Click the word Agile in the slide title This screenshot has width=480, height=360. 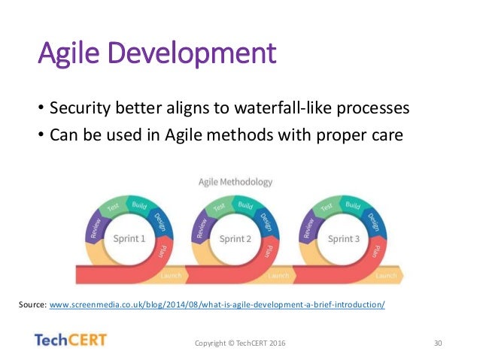tap(69, 53)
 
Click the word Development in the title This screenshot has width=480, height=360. tap(193, 53)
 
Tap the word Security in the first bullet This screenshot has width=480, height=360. tap(81, 108)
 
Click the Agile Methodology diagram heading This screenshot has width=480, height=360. tap(235, 183)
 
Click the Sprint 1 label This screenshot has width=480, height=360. tap(129, 238)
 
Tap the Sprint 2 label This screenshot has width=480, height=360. tap(235, 238)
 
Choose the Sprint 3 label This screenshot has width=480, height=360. tap(344, 238)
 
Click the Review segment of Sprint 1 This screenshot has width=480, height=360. tap(96, 228)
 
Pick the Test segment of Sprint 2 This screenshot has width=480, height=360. tap(219, 207)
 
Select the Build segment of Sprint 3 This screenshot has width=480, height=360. tap(353, 204)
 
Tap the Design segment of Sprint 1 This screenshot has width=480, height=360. tap(160, 222)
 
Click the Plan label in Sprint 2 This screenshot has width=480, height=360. tap(268, 252)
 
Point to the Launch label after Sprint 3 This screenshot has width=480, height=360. tap(386, 276)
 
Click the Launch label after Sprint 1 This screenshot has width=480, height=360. tap(171, 276)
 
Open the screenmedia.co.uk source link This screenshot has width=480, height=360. tap(217, 304)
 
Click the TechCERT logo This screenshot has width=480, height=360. tap(71, 340)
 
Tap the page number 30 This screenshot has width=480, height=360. tap(438, 343)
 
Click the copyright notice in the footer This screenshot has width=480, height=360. tap(240, 343)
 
